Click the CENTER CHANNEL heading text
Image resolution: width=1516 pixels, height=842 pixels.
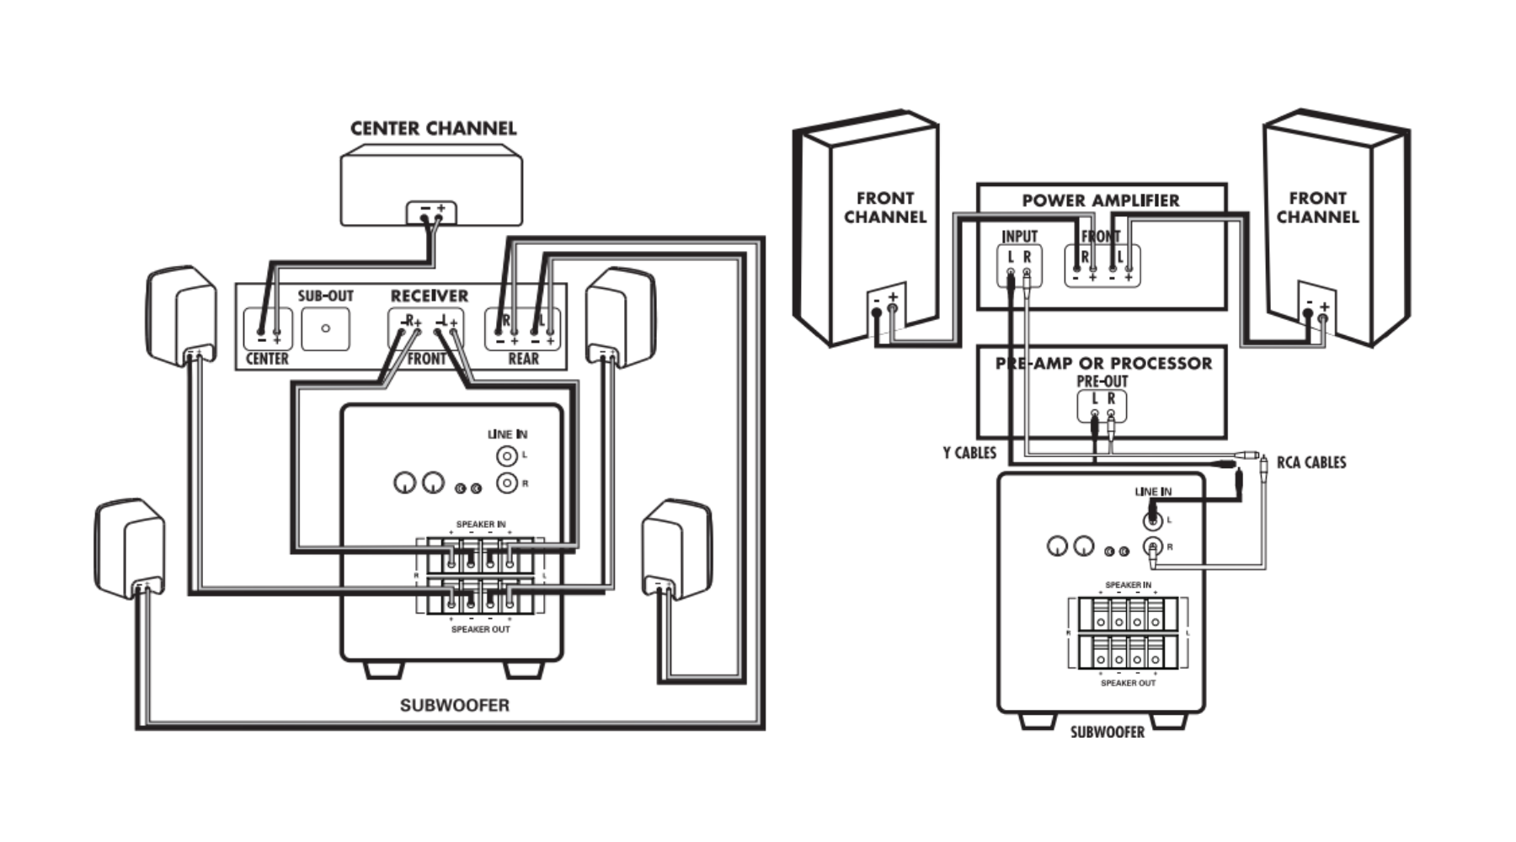(433, 129)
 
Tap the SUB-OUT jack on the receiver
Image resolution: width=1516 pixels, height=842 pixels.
(325, 328)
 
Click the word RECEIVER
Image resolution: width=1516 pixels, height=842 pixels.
(429, 296)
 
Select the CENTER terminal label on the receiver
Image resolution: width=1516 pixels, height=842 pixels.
(267, 359)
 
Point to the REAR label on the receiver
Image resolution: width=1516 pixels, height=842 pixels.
(523, 359)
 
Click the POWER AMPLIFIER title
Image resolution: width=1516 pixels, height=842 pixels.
(1100, 200)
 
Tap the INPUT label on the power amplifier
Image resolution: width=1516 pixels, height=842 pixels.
(1019, 237)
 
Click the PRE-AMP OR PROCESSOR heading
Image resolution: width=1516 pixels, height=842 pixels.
(1103, 364)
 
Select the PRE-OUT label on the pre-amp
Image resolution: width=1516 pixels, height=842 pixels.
(1102, 381)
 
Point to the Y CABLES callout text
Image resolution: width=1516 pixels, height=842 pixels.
(969, 453)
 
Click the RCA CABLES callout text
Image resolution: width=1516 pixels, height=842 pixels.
(1311, 462)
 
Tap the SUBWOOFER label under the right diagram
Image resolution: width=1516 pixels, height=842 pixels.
(1107, 733)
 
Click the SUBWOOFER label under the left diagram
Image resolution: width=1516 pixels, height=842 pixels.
(455, 706)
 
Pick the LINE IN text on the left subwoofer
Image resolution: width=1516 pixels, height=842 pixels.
(507, 434)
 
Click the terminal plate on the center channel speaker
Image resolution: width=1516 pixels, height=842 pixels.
(431, 212)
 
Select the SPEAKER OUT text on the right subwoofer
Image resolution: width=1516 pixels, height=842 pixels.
(1128, 683)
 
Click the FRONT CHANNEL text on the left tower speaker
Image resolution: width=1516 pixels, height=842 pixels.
(885, 207)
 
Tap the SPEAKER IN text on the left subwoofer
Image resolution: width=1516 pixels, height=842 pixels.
(481, 525)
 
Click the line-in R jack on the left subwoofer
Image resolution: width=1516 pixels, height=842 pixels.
(506, 483)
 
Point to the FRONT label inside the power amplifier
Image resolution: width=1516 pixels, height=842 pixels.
(1100, 237)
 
